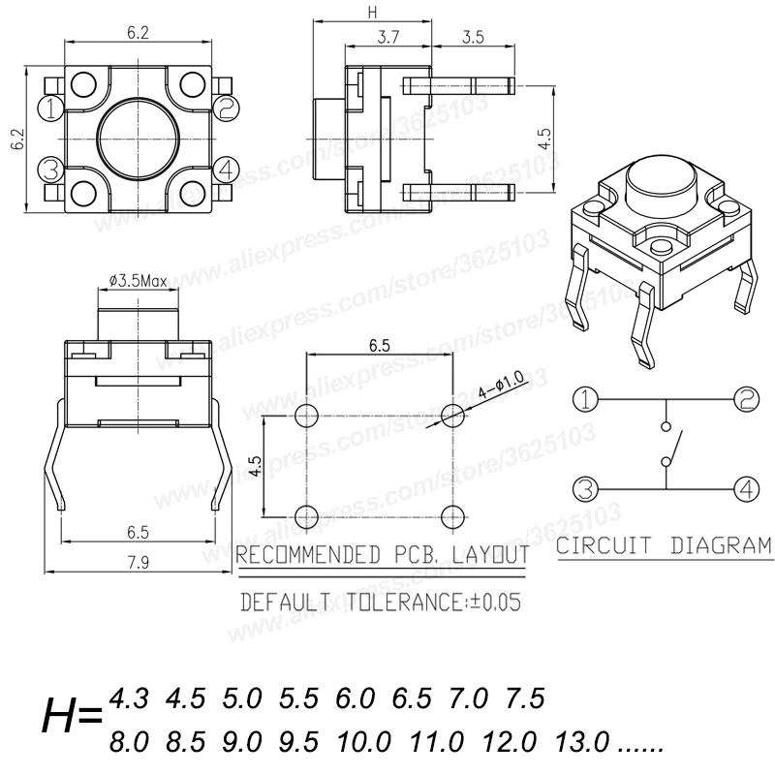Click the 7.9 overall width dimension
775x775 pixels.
[x=139, y=563]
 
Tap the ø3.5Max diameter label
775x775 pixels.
[x=138, y=281]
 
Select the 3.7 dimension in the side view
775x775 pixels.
[x=388, y=37]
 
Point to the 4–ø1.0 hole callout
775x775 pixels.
[x=501, y=386]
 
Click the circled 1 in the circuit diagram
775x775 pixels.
[x=585, y=399]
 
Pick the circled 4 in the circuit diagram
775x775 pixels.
[x=746, y=488]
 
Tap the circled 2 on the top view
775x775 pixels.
[x=227, y=108]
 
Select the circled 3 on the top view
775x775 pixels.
[x=50, y=169]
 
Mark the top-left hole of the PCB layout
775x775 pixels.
[x=306, y=416]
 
